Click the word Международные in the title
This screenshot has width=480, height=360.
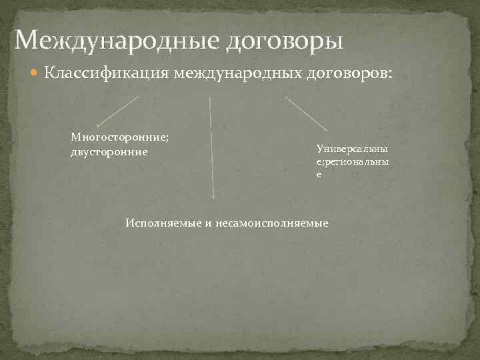pyautogui.click(x=117, y=41)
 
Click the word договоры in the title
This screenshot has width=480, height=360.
pyautogui.click(x=285, y=41)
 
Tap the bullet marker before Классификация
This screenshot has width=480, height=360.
pyautogui.click(x=36, y=72)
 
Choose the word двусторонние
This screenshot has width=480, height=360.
pyautogui.click(x=109, y=151)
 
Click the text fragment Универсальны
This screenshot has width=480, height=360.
pyautogui.click(x=353, y=149)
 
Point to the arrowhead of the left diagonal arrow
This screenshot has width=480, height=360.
pyautogui.click(x=97, y=125)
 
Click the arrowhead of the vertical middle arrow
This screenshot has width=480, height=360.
pyautogui.click(x=213, y=197)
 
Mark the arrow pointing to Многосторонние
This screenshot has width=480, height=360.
pyautogui.click(x=119, y=111)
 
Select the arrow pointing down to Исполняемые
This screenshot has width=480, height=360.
pyautogui.click(x=212, y=147)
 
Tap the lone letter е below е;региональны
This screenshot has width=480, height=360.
pyautogui.click(x=319, y=174)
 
